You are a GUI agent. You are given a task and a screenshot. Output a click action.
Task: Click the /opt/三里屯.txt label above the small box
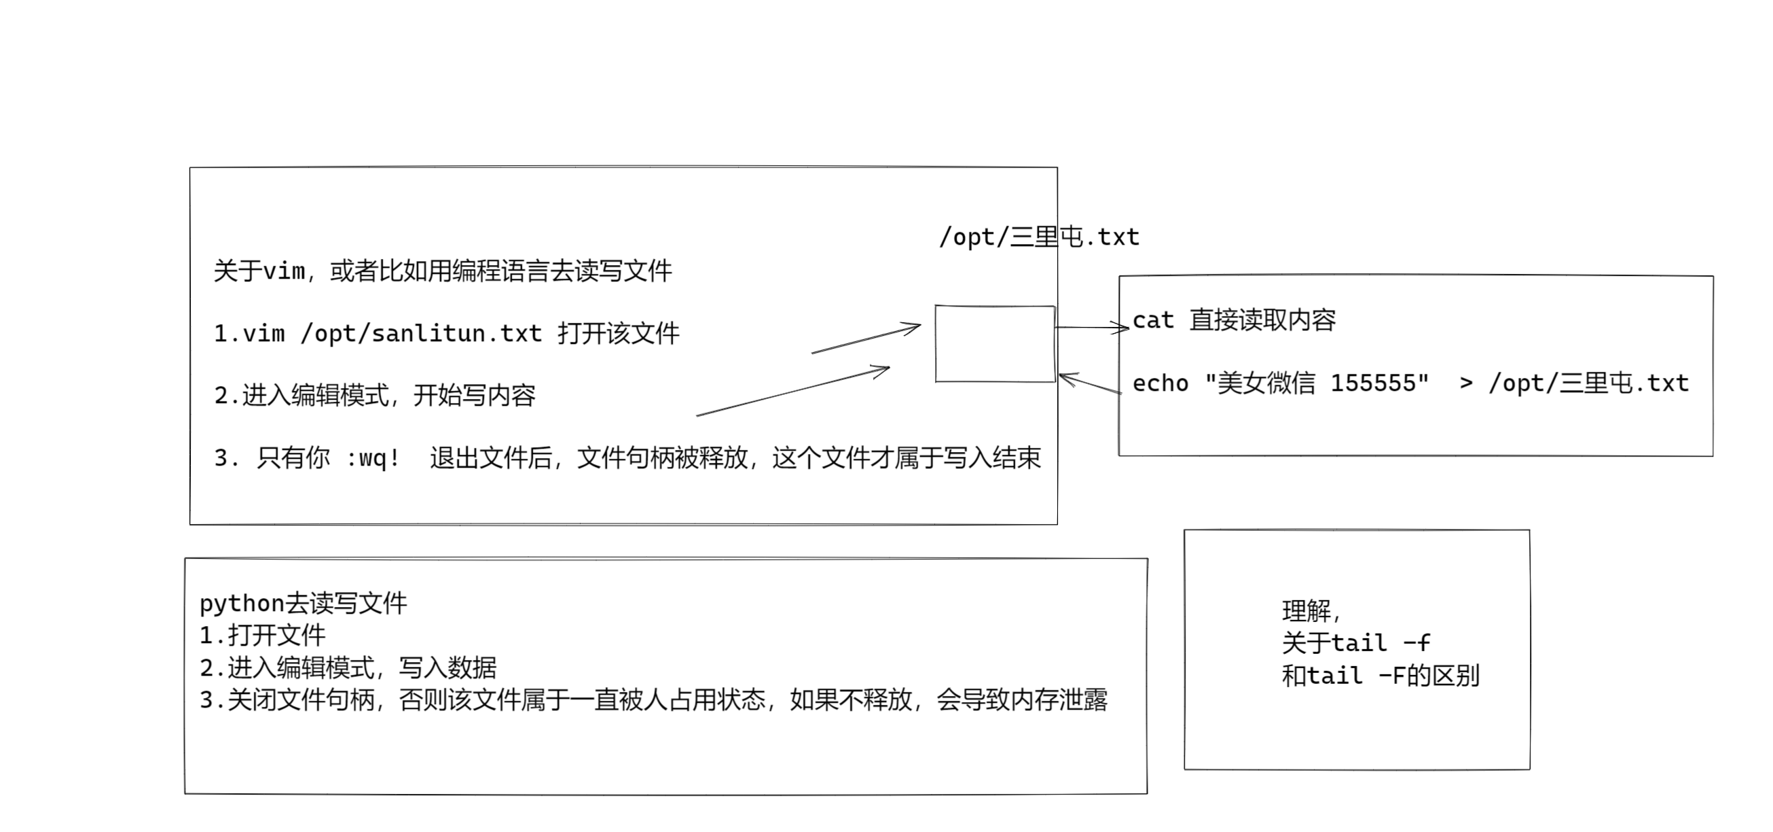click(1040, 237)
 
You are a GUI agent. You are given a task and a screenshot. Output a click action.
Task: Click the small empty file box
click(995, 344)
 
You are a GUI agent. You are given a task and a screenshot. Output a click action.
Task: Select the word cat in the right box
click(1153, 320)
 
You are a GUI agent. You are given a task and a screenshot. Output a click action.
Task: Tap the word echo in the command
click(1160, 383)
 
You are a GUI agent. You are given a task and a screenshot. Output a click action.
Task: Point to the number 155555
click(1379, 383)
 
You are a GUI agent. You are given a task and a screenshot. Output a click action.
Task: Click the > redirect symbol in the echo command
click(1466, 383)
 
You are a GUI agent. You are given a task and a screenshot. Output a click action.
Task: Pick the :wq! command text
click(372, 458)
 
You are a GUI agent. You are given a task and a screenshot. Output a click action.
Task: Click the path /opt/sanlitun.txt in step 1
click(421, 334)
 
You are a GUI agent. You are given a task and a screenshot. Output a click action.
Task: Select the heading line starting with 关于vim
click(443, 271)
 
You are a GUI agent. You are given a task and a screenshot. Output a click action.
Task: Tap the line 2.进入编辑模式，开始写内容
click(375, 396)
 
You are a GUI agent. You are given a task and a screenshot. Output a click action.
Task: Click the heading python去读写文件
click(303, 604)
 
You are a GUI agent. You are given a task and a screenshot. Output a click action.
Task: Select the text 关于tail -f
click(1356, 643)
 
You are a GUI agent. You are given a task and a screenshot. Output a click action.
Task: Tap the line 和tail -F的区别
click(1380, 676)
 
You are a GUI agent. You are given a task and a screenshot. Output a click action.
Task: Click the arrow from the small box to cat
click(1092, 328)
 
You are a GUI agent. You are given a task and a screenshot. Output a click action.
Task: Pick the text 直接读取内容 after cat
click(1262, 320)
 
